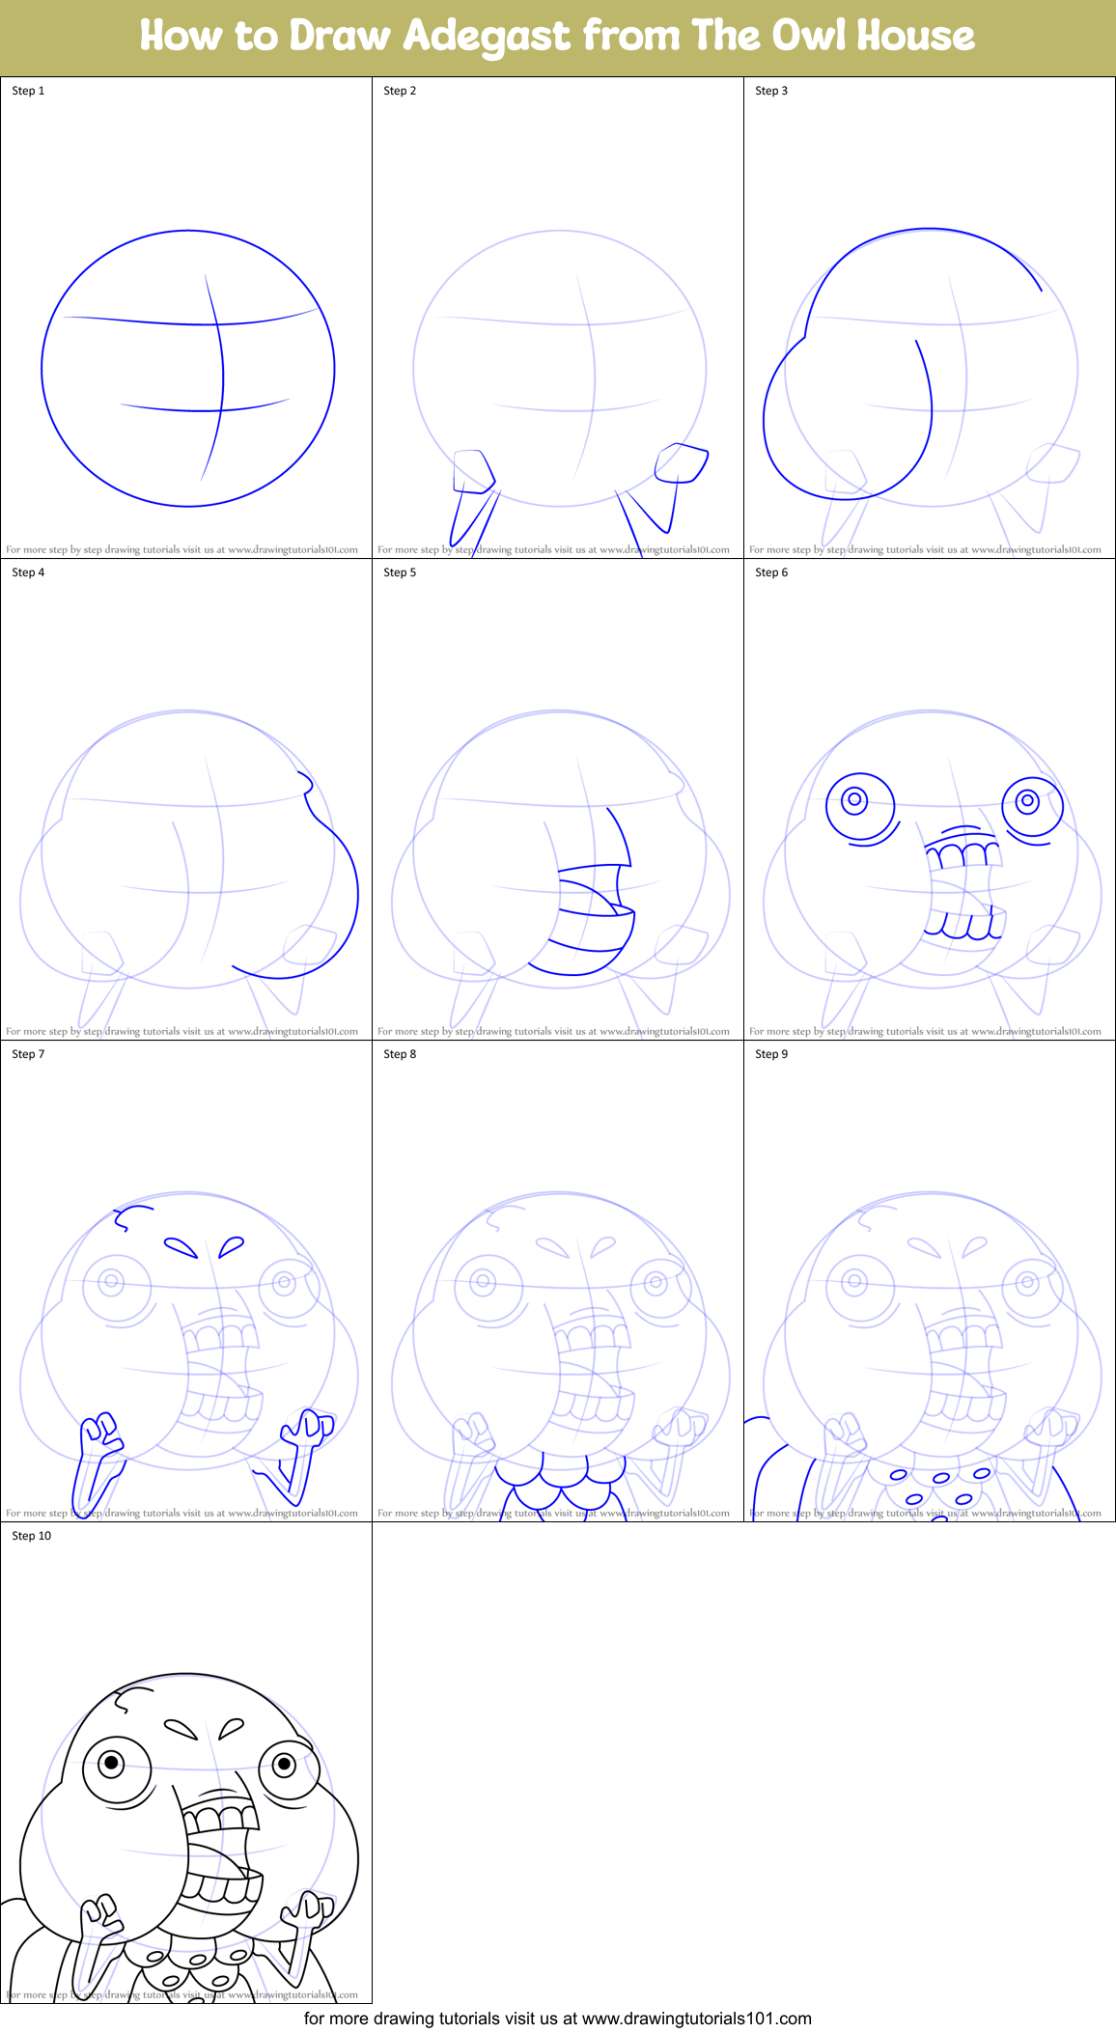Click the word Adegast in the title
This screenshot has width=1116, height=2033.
(x=487, y=37)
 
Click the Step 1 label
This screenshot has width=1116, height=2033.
(x=28, y=91)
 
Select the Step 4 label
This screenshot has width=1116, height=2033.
(x=28, y=572)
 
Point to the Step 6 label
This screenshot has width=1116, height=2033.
(x=771, y=572)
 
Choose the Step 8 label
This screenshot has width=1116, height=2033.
(x=400, y=1054)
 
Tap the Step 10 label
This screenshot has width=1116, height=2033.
(x=32, y=1536)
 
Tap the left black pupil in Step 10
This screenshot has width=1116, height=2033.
(x=112, y=1764)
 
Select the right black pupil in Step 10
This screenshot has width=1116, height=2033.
(x=284, y=1764)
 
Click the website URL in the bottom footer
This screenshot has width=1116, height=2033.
(x=696, y=2019)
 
